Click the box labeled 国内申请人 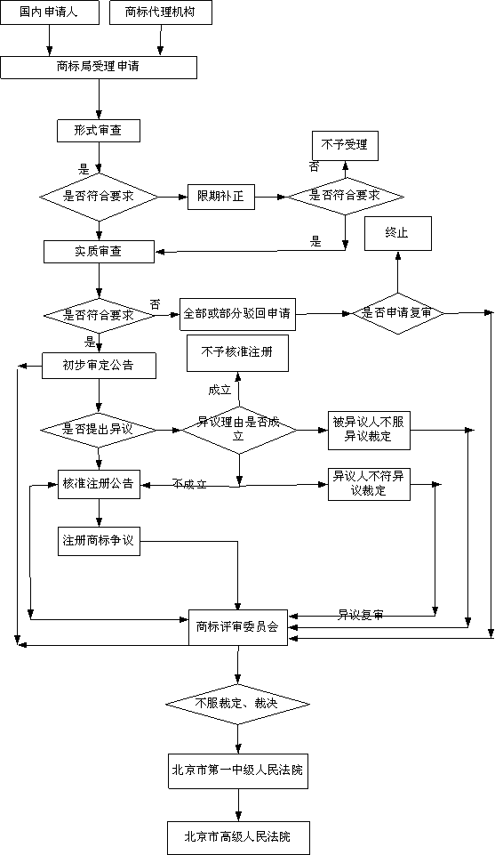(50, 12)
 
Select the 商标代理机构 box (161, 12)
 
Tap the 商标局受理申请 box (98, 68)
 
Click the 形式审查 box (98, 131)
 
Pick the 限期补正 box (220, 196)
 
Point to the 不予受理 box (344, 144)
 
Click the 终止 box (396, 232)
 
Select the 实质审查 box (98, 251)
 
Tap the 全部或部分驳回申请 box (237, 313)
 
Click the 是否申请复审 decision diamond (397, 313)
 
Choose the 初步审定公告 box (98, 365)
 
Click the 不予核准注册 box (237, 353)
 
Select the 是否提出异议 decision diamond (98, 430)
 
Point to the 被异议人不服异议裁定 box (369, 430)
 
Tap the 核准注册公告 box (98, 484)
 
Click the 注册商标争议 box (98, 541)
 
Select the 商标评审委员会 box (237, 626)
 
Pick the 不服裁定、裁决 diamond (237, 704)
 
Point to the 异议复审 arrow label (360, 615)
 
